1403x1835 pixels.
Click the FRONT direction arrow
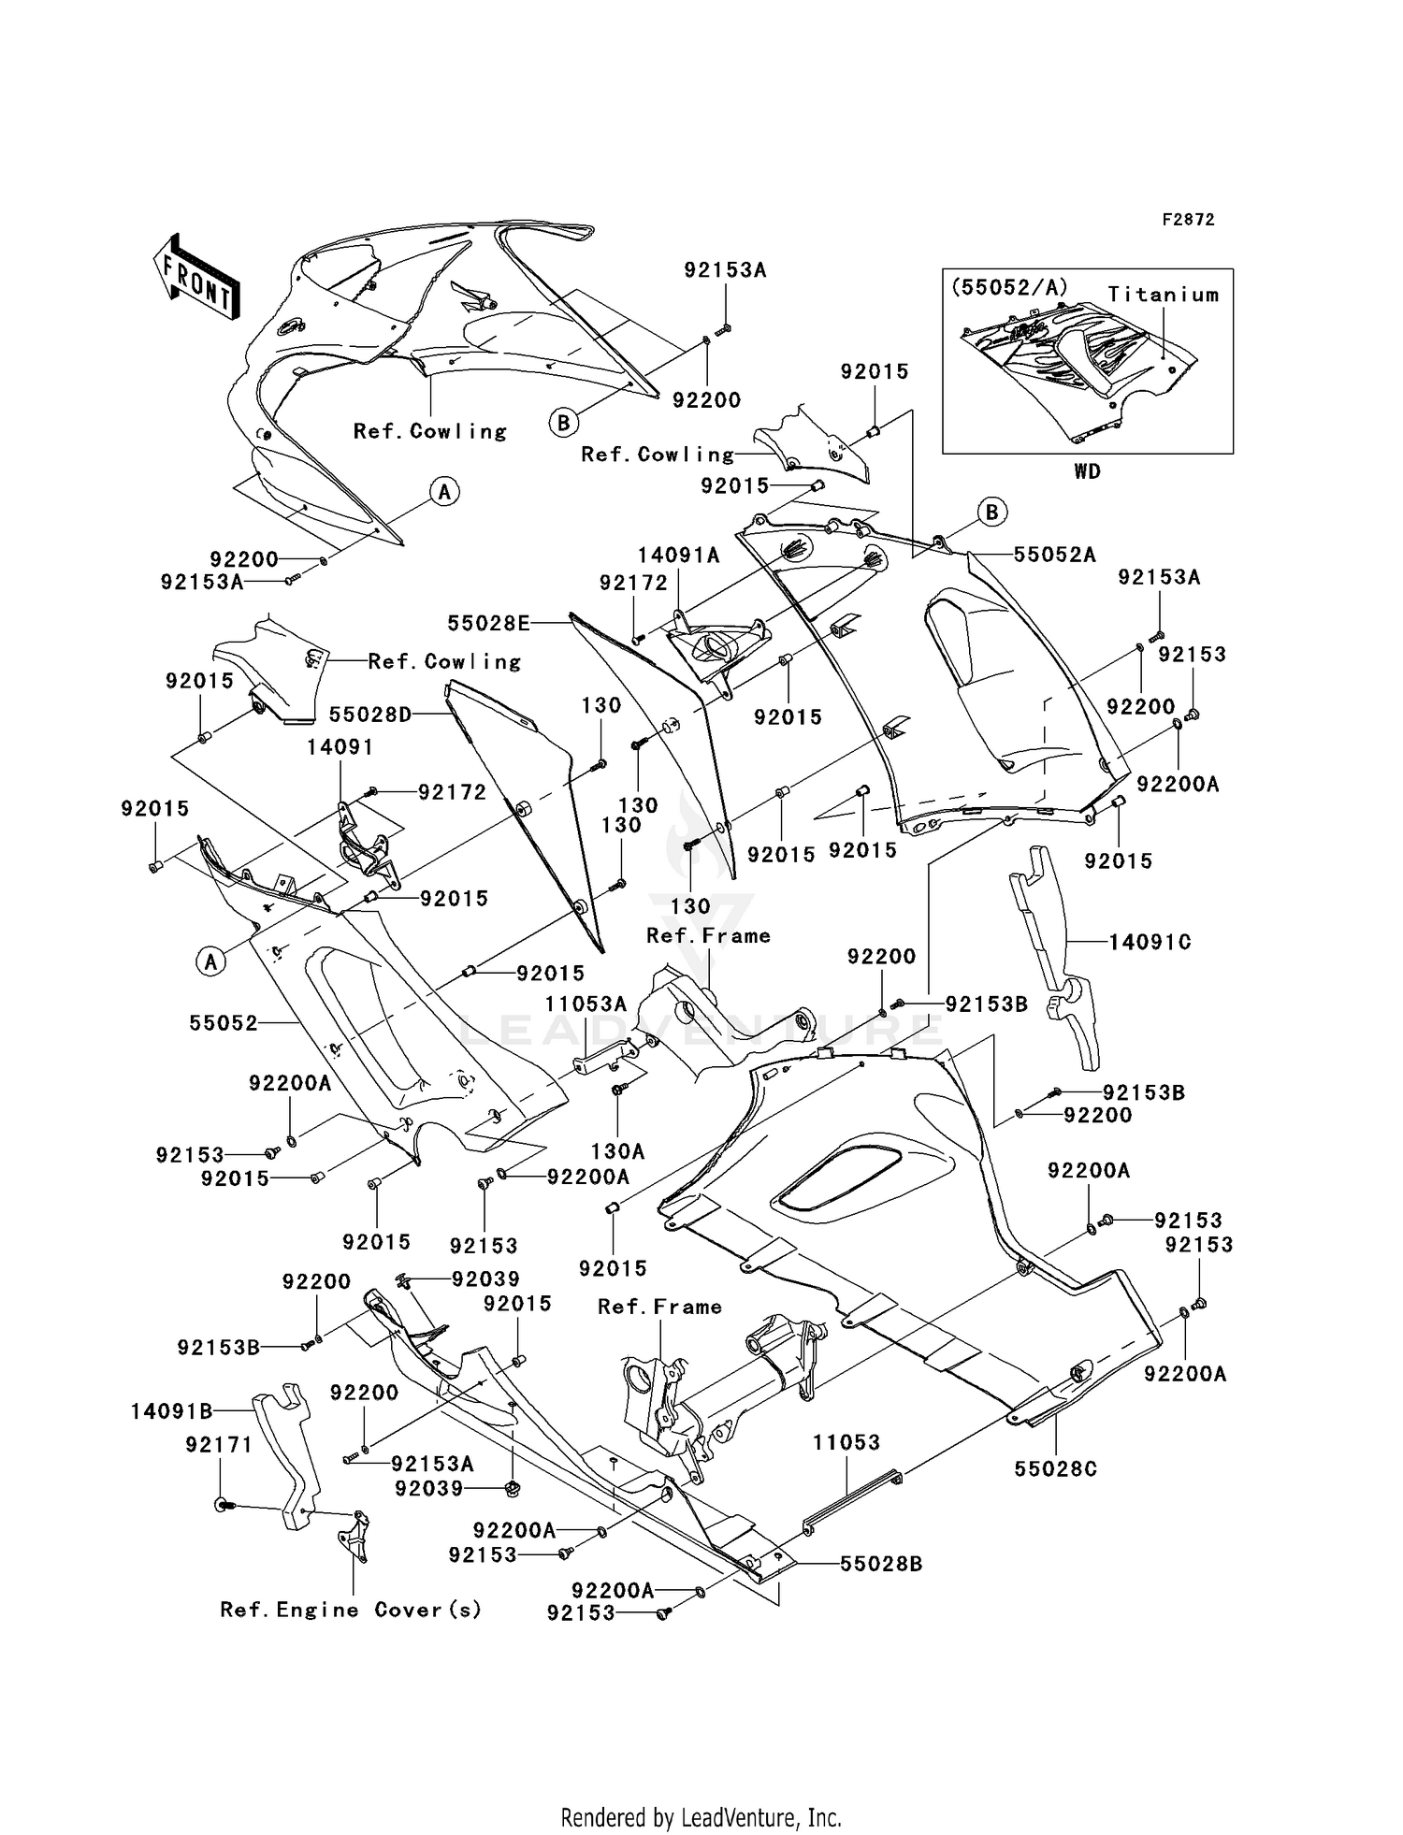pos(195,279)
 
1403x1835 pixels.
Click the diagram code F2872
pos(1188,220)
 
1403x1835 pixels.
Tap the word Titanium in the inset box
pos(1164,295)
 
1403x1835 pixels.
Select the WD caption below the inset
pos(1087,471)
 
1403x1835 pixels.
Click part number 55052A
pos(1054,555)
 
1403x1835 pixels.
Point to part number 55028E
pos(488,623)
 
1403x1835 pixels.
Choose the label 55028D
pos(370,715)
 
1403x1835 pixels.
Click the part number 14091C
pos(1150,942)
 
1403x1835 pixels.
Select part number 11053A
pos(586,1004)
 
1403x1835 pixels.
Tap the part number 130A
pos(618,1151)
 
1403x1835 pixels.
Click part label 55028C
pos(1055,1469)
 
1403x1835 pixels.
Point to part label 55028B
pos(880,1564)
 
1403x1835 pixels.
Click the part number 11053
pos(846,1443)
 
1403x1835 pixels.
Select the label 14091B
pos(172,1411)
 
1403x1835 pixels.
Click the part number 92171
pos(219,1445)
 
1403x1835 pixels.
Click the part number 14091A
pos(679,556)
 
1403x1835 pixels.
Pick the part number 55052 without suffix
pos(224,1023)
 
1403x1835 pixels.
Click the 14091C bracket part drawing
pos(1052,954)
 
